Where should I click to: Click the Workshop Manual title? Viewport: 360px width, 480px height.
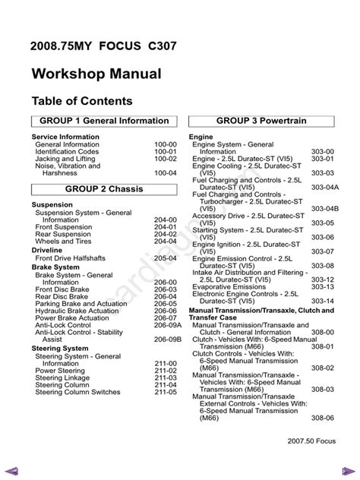96,74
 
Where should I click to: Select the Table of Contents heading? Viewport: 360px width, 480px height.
82,101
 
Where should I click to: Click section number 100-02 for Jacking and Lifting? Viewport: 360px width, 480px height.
166,158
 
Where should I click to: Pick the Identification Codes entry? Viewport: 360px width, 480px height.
67,151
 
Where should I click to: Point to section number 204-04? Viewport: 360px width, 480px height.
166,242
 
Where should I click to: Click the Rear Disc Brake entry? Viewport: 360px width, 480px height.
62,296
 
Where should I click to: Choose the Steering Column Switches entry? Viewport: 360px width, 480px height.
77,392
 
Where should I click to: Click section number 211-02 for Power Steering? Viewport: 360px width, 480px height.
166,371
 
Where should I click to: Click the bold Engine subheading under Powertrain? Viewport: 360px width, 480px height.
201,137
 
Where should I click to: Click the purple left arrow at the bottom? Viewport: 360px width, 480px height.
11,466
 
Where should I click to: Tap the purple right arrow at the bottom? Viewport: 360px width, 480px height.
348,466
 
